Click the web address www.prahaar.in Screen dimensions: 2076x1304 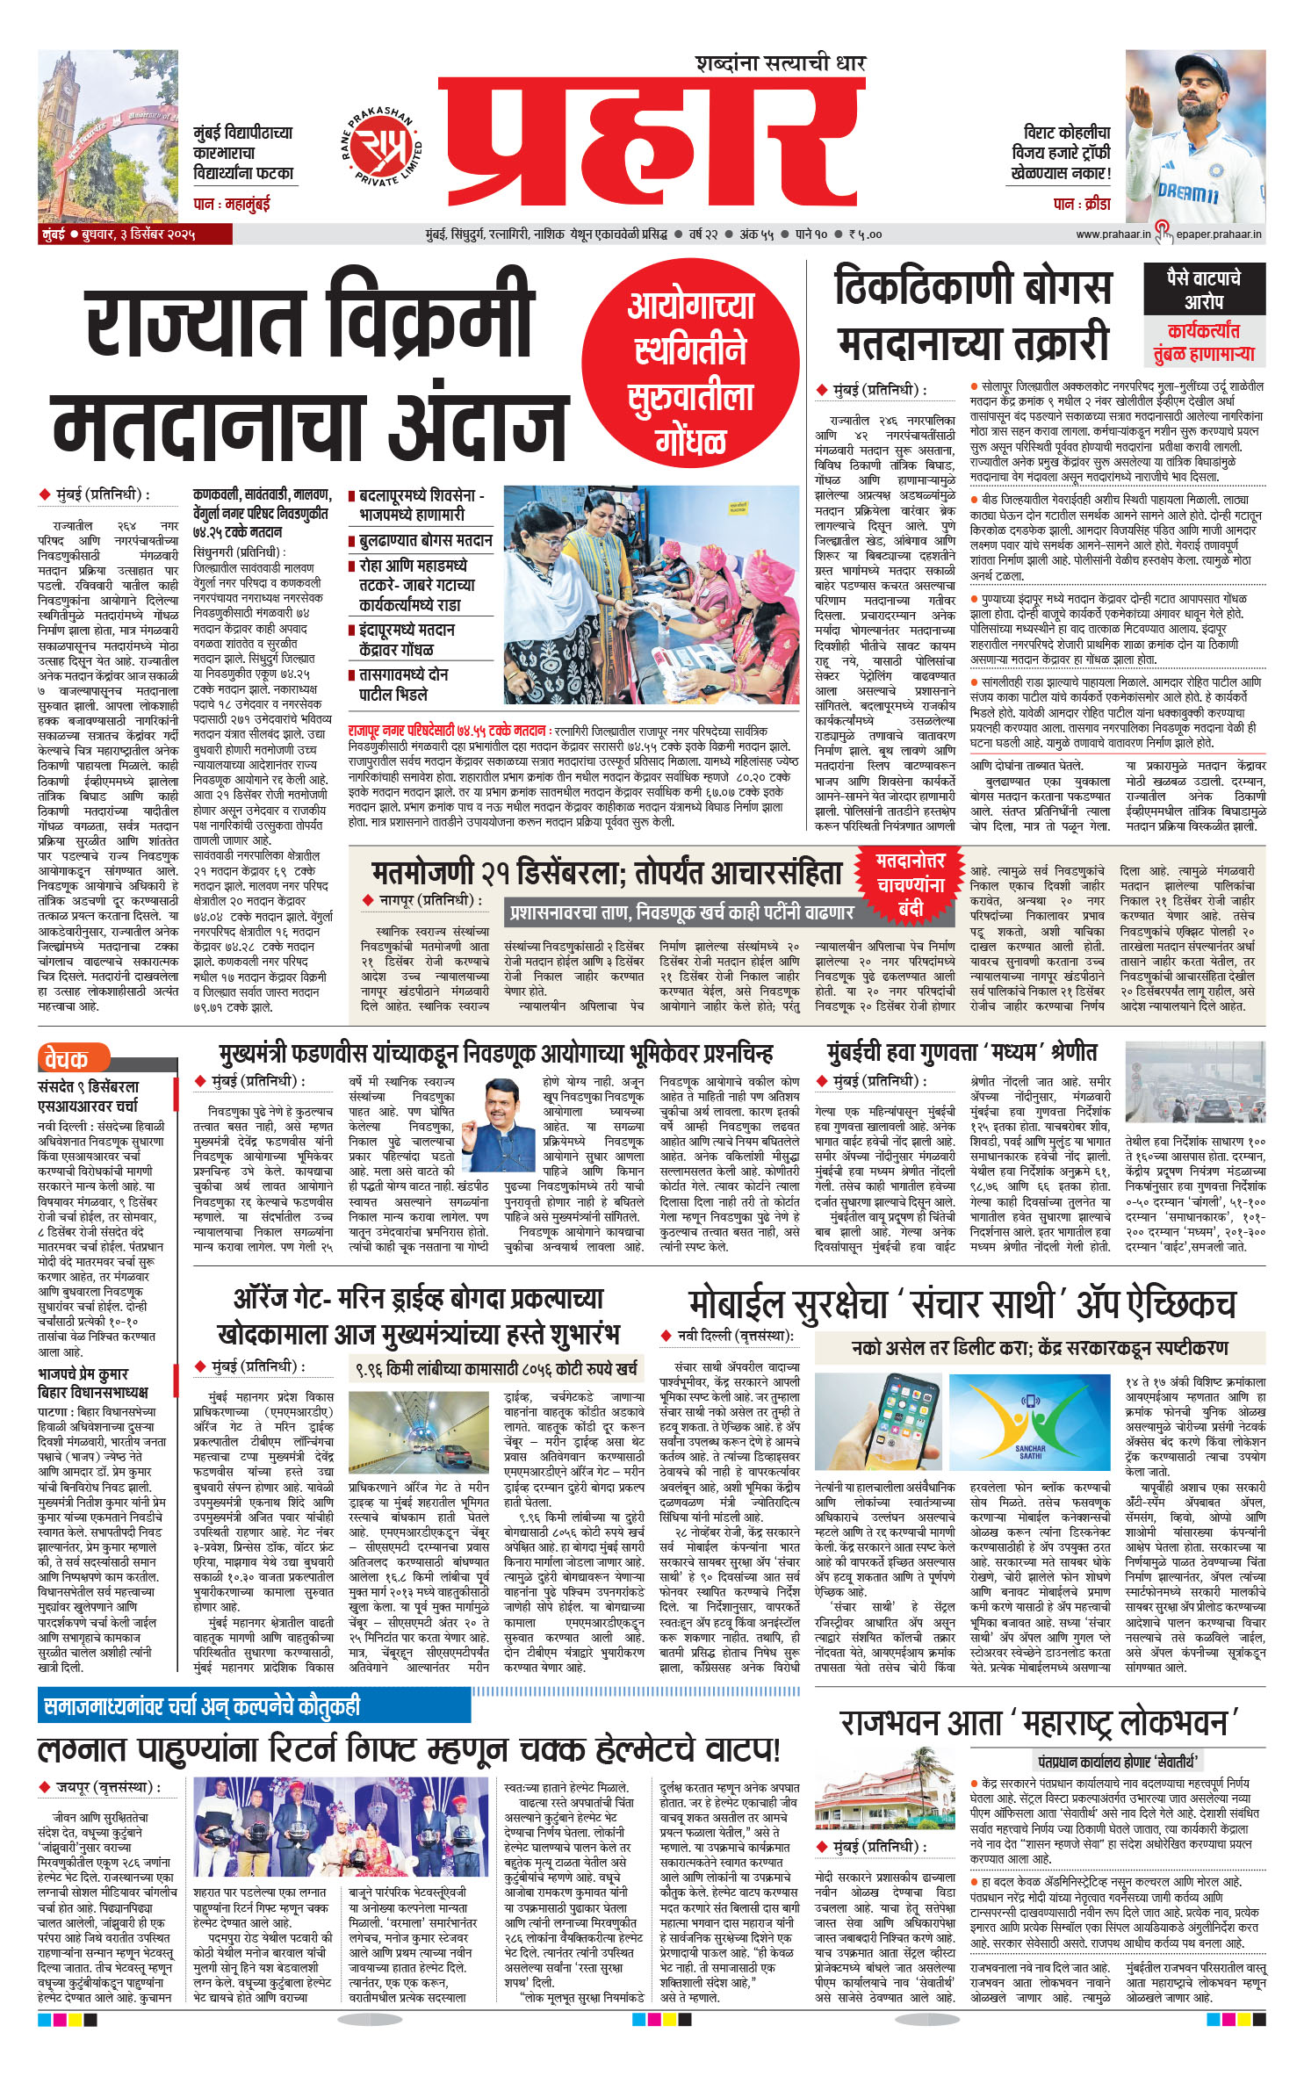[1113, 234]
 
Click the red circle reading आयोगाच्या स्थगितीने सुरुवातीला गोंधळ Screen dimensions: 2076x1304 [690, 370]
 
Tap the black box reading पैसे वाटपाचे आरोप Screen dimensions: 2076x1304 [1203, 290]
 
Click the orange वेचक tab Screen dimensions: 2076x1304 [74, 1059]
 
